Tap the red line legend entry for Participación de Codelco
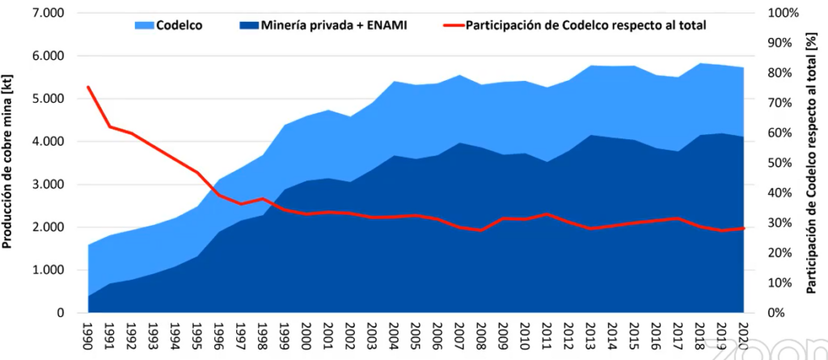tap(575, 25)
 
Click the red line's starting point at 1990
tap(88, 87)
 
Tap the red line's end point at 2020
tap(743, 229)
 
